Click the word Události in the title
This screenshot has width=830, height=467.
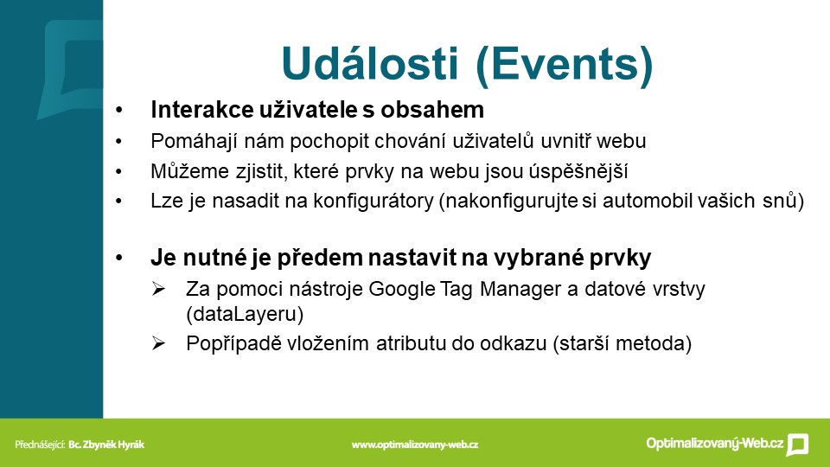(369, 63)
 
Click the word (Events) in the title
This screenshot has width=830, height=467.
(565, 65)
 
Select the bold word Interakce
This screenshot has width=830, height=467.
(201, 110)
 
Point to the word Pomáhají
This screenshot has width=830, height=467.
(195, 141)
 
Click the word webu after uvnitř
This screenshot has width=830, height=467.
(621, 141)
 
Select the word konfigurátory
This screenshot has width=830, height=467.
(373, 202)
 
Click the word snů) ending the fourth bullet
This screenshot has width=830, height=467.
(783, 201)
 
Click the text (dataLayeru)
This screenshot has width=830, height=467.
(245, 314)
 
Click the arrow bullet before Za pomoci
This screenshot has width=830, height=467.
(158, 289)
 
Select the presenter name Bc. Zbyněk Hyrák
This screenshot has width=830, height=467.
(105, 445)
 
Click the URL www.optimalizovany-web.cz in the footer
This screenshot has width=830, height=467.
(414, 445)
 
